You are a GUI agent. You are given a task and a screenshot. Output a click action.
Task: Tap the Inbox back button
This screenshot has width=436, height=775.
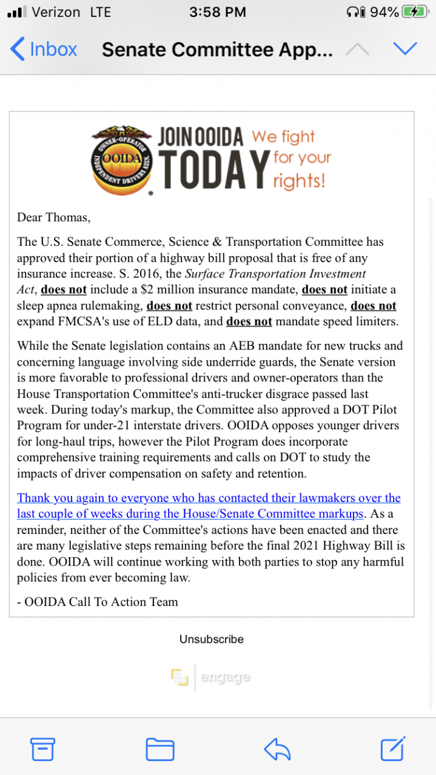[x=44, y=49]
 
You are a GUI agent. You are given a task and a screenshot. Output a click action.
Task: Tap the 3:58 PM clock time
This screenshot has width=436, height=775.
[x=217, y=12]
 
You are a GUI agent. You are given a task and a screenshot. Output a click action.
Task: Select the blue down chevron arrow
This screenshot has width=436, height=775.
[x=404, y=48]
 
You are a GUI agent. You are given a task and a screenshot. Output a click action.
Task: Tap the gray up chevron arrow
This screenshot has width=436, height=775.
[x=357, y=48]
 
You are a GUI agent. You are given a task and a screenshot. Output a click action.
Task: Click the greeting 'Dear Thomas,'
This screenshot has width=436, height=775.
[x=53, y=217]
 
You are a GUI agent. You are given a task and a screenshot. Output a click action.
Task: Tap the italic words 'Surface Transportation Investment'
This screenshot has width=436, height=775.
[x=275, y=274]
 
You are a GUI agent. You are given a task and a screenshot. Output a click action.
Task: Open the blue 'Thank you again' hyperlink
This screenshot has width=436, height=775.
[x=209, y=506]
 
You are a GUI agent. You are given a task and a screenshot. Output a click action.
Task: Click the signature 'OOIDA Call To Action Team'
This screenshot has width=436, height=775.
[x=101, y=601]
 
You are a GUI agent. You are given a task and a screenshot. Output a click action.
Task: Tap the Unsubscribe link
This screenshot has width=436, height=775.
[x=211, y=639]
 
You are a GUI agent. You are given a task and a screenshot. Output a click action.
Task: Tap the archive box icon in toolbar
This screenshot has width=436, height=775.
[x=43, y=750]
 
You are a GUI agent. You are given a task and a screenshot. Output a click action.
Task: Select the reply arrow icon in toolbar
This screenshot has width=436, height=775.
[x=277, y=750]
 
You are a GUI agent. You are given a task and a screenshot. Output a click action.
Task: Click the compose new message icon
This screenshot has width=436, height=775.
[x=392, y=749]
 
